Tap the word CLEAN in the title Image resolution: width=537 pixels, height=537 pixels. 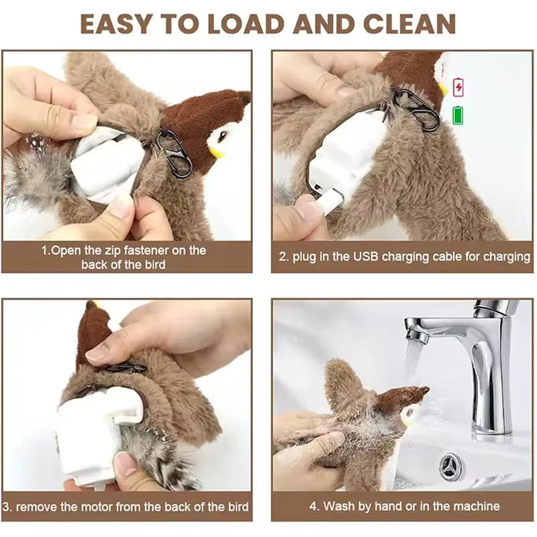[x=401, y=23]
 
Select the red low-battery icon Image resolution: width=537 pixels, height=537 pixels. [x=458, y=87]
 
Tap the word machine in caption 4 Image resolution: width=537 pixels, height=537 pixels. [x=477, y=506]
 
